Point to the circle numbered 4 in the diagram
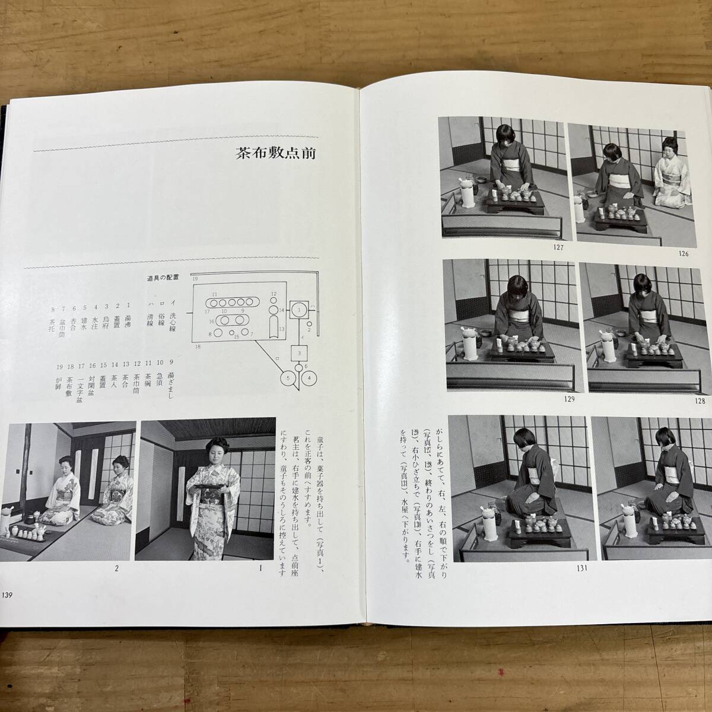click(x=310, y=377)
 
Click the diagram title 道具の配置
click(x=163, y=277)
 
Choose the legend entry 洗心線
click(x=173, y=320)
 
